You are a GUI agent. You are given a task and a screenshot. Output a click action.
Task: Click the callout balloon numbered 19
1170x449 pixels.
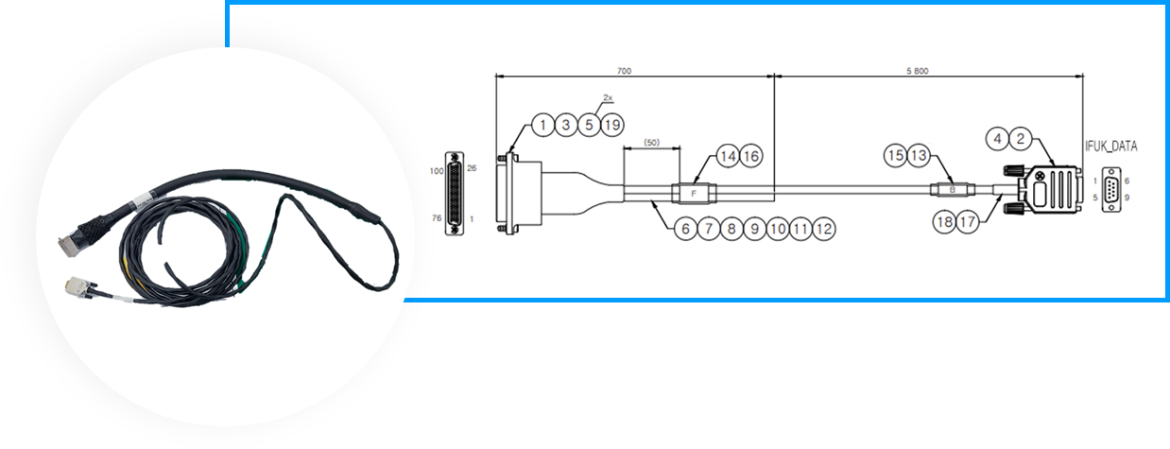[612, 126]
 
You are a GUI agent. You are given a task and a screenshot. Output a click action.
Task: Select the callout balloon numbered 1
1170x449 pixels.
[543, 126]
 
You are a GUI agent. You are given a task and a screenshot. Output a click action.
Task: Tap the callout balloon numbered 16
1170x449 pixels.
[750, 156]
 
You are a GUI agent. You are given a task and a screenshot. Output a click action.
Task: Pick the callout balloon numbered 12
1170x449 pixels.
[823, 229]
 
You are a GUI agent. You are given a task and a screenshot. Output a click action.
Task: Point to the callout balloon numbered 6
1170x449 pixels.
[685, 229]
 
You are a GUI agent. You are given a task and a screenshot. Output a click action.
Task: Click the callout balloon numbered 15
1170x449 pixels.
[896, 155]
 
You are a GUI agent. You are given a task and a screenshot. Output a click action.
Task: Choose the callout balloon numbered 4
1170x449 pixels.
[998, 139]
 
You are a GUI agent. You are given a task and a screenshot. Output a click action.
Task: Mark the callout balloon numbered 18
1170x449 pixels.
[945, 222]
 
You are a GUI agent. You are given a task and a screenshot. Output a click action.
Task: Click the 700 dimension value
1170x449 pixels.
[624, 71]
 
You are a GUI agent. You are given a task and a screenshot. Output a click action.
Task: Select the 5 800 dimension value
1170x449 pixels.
[918, 71]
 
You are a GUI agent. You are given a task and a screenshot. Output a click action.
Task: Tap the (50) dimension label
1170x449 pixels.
[652, 142]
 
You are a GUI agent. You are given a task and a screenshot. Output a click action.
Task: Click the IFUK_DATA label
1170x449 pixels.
[1111, 147]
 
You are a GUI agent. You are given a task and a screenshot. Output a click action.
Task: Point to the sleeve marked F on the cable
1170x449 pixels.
[694, 194]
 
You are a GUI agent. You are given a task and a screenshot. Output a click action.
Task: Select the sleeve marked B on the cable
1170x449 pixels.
[953, 190]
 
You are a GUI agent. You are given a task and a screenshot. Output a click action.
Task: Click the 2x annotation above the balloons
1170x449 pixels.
[608, 97]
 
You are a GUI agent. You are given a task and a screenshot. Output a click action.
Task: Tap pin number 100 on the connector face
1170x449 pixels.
[436, 171]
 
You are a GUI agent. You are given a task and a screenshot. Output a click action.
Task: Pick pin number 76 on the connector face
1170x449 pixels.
[436, 218]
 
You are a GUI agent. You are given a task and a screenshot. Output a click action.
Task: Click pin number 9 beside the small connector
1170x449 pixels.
[1127, 198]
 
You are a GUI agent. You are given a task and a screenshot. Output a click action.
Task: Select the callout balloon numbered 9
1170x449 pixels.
[754, 229]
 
